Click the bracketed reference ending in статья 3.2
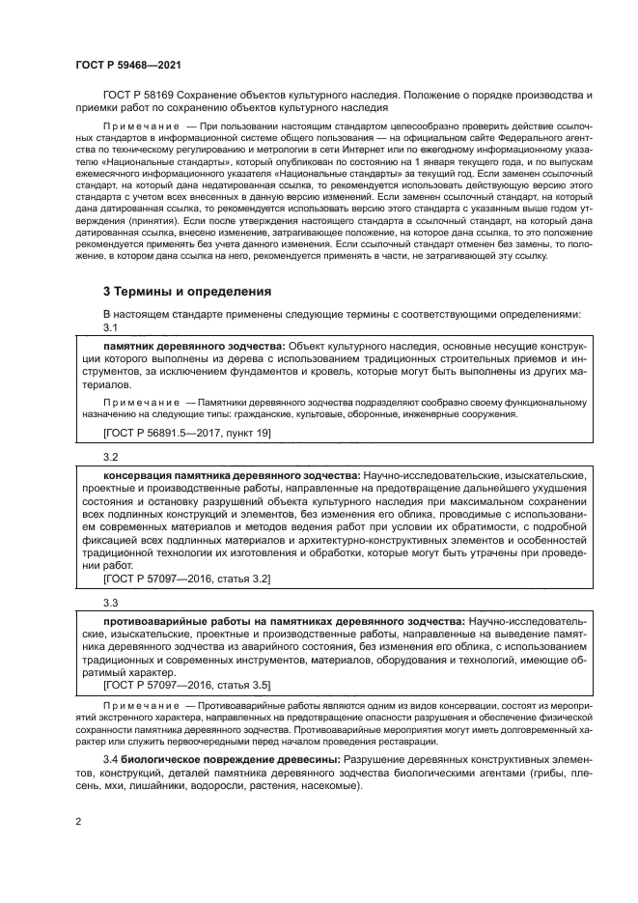pyautogui.click(x=186, y=578)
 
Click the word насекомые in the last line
pyautogui.click(x=325, y=787)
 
